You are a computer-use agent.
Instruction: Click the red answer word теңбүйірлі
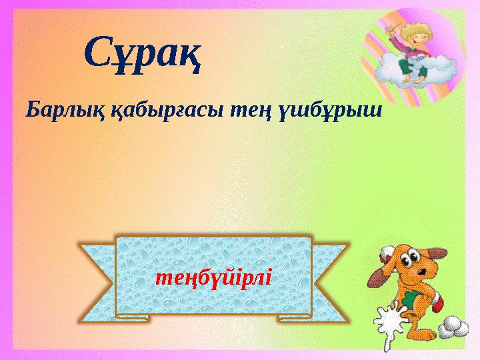pos(213,275)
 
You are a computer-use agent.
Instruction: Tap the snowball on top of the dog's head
pos(387,252)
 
